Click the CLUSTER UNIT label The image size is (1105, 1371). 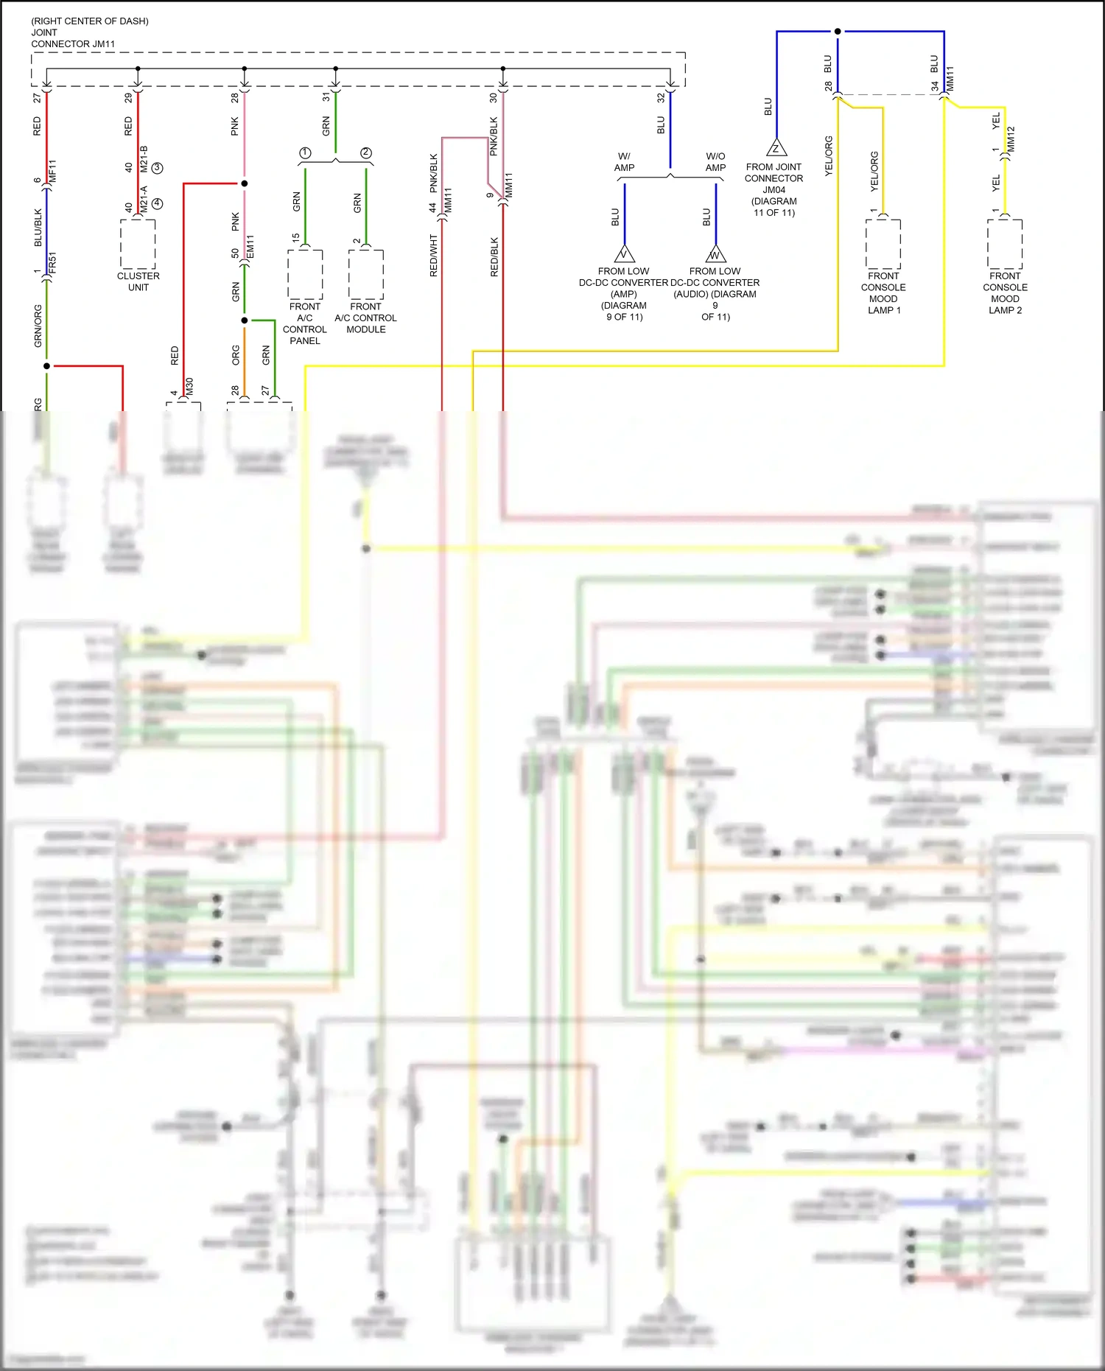point(138,281)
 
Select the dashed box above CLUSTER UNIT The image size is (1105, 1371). point(138,244)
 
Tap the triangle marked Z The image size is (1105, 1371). point(776,148)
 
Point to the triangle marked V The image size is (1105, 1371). point(625,254)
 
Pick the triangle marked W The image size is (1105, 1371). point(715,255)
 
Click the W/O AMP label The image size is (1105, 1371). point(715,161)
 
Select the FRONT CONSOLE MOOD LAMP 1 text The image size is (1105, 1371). point(883,293)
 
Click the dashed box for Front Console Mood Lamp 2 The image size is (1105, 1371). point(1005,244)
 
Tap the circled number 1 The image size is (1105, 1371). point(305,153)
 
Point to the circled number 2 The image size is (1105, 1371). point(366,153)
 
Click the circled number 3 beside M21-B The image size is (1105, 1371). point(157,168)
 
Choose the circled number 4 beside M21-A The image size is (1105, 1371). point(157,203)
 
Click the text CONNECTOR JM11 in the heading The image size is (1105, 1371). point(73,44)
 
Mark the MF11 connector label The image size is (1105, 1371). point(52,171)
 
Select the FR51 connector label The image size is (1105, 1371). point(52,263)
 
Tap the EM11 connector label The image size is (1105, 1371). point(250,246)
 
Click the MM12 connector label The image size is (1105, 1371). point(1011,139)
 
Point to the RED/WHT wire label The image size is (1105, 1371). point(434,256)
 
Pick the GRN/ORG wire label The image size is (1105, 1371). point(38,326)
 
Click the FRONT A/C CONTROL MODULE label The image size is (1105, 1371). point(366,318)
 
